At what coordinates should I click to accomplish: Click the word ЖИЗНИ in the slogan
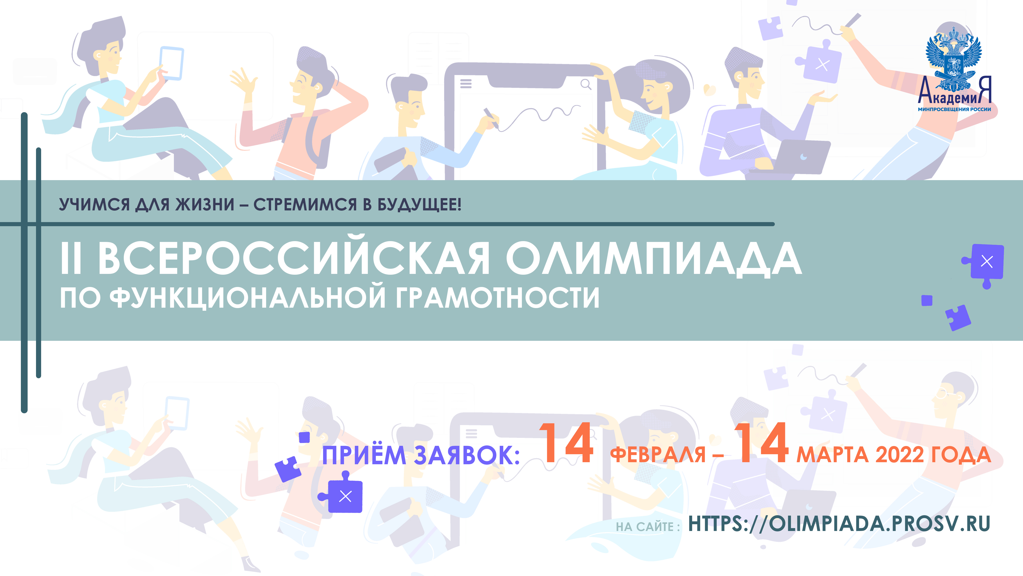click(205, 204)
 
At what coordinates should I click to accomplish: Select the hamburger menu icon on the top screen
click(466, 84)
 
